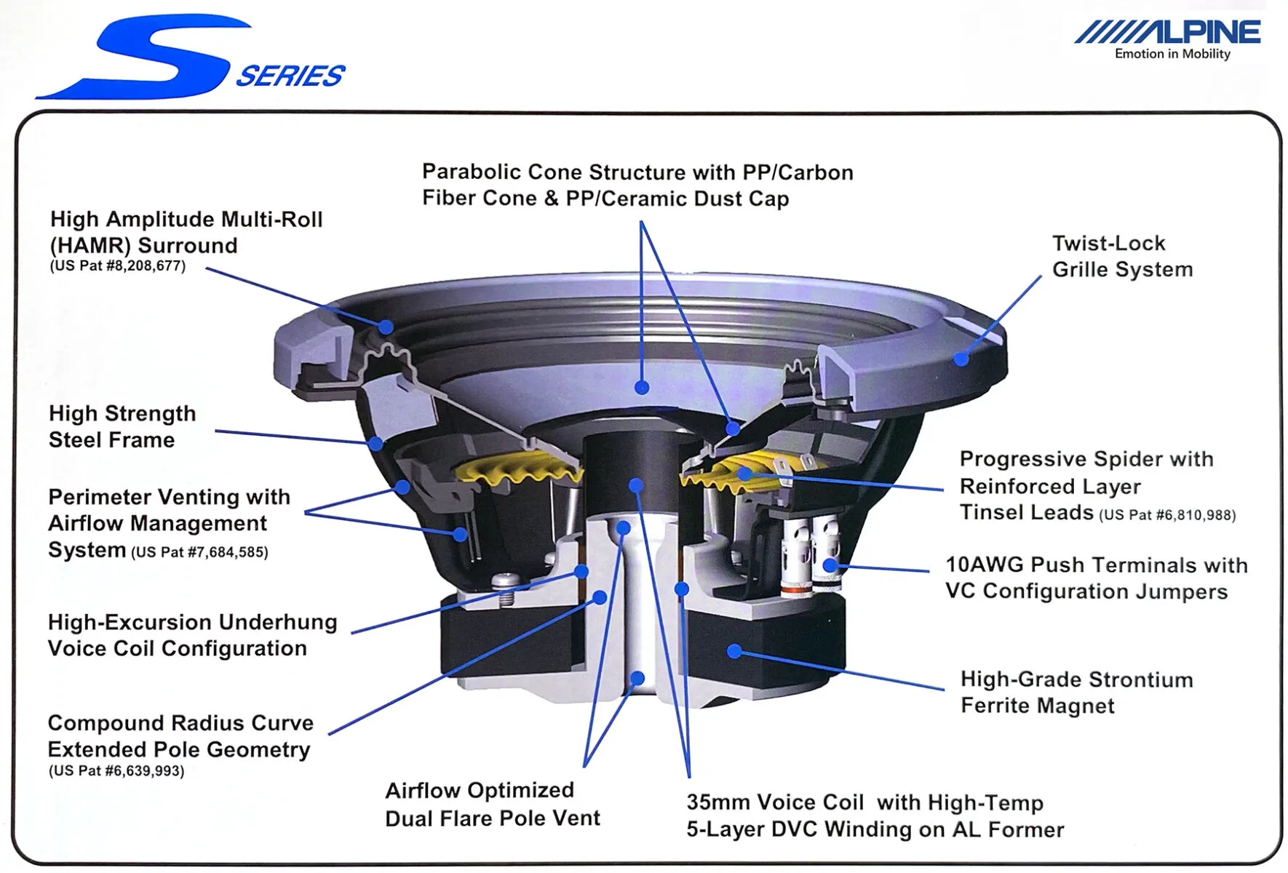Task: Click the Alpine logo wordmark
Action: coord(1168,32)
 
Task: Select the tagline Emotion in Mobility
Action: coord(1172,54)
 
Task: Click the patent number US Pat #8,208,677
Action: coord(118,266)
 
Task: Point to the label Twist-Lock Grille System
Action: coord(1121,256)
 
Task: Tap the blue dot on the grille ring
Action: coord(961,359)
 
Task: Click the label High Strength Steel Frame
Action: coord(122,426)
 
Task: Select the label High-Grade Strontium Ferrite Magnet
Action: coord(1076,693)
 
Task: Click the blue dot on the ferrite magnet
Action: coord(734,651)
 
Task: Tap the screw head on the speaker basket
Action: coord(506,581)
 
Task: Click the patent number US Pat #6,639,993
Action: coord(116,771)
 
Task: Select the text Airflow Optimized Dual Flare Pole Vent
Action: coord(492,804)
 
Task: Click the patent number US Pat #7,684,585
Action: coord(199,552)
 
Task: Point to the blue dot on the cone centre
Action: coord(641,388)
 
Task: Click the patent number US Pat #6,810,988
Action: coord(1167,515)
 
